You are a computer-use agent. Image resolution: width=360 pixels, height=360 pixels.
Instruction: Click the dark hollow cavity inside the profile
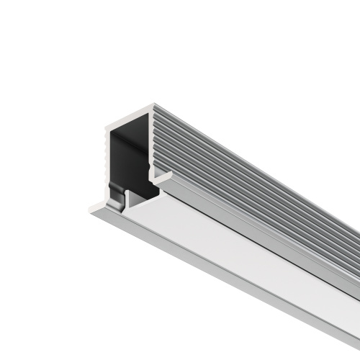tap(130, 158)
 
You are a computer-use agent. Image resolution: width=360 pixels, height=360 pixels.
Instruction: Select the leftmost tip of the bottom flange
tap(90, 210)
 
